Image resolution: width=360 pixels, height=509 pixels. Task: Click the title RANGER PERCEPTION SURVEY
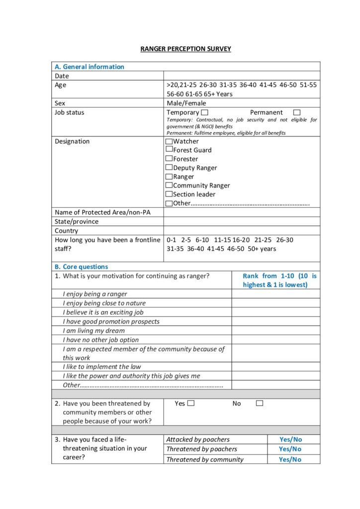(x=185, y=49)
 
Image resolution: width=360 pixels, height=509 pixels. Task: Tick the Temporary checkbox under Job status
(x=205, y=113)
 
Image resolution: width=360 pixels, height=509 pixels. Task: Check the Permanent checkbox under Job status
(x=297, y=113)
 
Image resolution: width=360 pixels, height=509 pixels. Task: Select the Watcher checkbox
(x=169, y=141)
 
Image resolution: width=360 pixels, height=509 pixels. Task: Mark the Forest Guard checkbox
(x=169, y=150)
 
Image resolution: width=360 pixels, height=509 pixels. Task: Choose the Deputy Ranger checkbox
(x=169, y=168)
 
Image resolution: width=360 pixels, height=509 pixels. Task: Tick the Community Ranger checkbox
(x=169, y=185)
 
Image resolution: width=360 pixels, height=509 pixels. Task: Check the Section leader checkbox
(x=169, y=194)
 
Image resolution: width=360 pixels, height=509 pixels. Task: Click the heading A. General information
(x=90, y=67)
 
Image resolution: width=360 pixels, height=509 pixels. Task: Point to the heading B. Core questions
(x=81, y=266)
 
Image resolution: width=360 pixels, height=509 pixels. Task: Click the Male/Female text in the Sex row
(x=186, y=103)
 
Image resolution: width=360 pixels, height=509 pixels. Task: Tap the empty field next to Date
(x=242, y=76)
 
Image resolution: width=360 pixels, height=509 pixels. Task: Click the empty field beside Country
(x=242, y=231)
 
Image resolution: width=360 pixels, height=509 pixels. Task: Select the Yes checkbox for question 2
(x=191, y=404)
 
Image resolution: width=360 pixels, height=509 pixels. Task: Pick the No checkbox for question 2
(x=260, y=404)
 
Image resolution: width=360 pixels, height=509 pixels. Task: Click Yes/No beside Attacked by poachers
(x=290, y=439)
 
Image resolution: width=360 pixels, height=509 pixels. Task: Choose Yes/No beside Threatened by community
(x=290, y=459)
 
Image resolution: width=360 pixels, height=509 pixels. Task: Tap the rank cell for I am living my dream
(x=275, y=331)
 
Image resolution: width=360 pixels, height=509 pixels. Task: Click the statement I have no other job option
(x=100, y=340)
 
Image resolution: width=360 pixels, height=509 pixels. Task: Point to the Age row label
(x=60, y=85)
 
